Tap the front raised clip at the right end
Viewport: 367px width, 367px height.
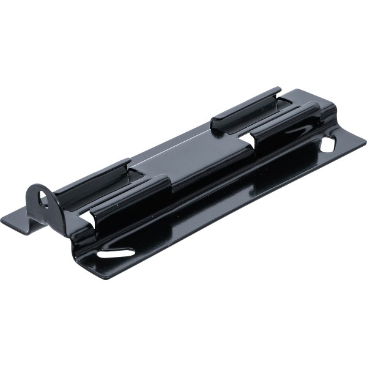[x=287, y=119]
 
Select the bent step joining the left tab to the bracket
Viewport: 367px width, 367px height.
[x=31, y=220]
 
